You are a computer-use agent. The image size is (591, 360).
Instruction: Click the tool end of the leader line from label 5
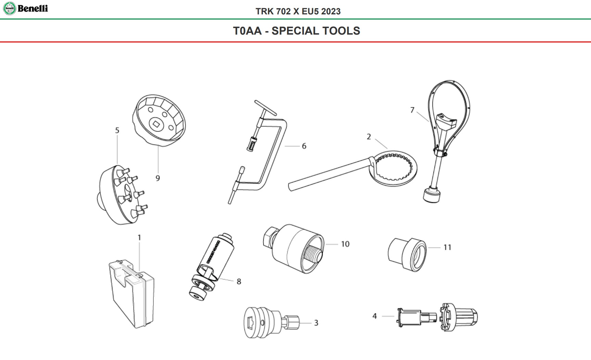click(x=117, y=164)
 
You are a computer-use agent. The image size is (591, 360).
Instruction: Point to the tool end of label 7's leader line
click(x=429, y=122)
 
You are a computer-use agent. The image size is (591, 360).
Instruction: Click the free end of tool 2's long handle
click(x=290, y=187)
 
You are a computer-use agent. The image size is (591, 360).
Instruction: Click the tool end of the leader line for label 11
click(x=428, y=247)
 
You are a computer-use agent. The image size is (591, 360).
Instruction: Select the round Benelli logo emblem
click(x=9, y=9)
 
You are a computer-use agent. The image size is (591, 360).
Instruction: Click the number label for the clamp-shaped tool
click(x=304, y=146)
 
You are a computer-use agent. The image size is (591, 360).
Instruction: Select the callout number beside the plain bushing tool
click(x=448, y=247)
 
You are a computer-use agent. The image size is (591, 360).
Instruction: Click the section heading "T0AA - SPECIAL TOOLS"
click(x=297, y=31)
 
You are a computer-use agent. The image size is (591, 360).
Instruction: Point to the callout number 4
click(x=375, y=316)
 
